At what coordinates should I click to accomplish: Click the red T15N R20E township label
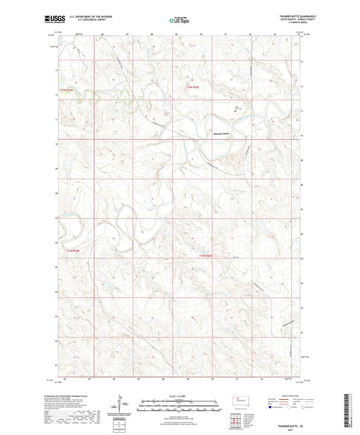pos(194,86)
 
